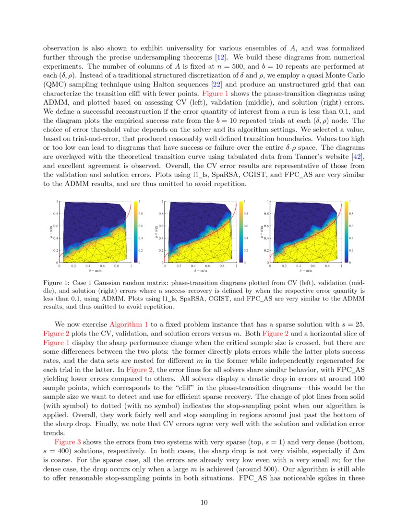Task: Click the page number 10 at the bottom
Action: tap(204, 503)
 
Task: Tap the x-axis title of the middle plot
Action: tap(200, 271)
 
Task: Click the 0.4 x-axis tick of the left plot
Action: tap(88, 266)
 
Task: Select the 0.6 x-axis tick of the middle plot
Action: tap(207, 266)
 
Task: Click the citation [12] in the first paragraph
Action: tap(210, 57)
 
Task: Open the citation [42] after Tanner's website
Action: tap(359, 157)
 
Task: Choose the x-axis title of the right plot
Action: tap(305, 271)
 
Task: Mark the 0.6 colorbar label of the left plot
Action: tap(141, 226)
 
